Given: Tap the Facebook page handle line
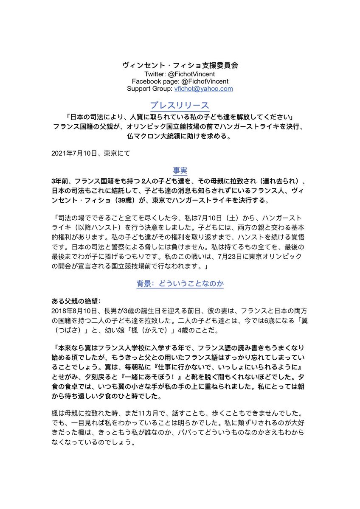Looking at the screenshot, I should tap(180, 81).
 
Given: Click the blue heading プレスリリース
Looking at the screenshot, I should tap(180, 105).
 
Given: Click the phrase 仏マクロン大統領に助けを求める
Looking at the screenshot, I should tap(180, 137).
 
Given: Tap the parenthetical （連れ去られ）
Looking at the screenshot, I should tap(275, 180).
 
